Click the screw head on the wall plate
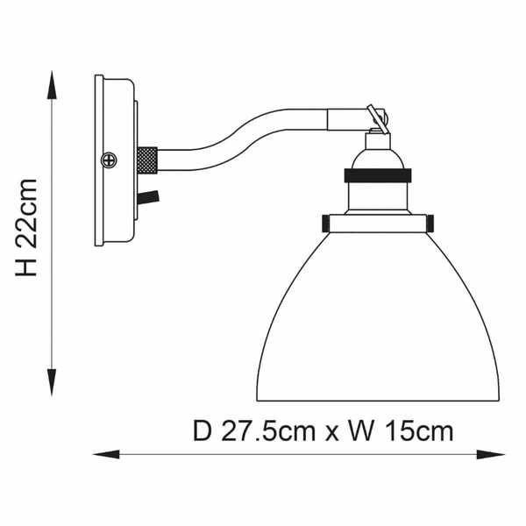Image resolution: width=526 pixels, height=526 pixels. (109, 160)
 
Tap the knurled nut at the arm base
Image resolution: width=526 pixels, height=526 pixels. (146, 160)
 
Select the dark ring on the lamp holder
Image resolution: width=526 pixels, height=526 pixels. (377, 175)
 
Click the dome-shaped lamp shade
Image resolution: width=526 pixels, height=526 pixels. (377, 324)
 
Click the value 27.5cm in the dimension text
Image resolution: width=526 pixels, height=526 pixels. (268, 430)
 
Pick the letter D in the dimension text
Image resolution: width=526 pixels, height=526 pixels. (203, 430)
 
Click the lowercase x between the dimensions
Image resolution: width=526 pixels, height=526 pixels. (337, 432)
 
